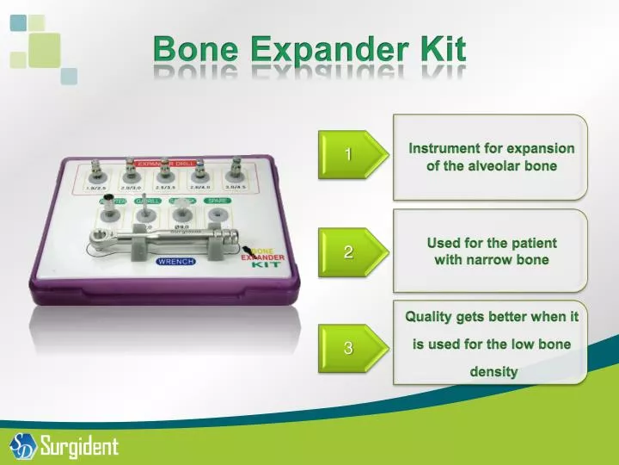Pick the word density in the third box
493,372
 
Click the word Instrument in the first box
446,148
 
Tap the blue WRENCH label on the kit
175,261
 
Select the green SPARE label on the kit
216,201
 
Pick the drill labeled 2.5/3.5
164,171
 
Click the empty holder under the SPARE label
218,215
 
